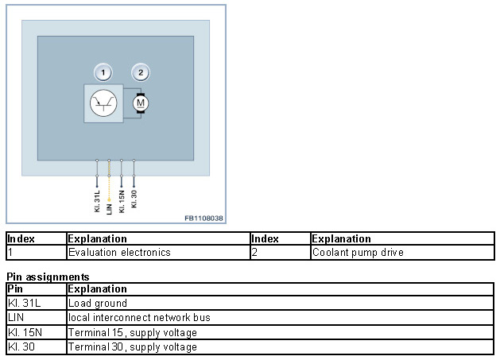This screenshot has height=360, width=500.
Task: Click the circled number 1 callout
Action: tap(103, 73)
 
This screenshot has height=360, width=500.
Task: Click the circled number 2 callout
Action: tap(141, 73)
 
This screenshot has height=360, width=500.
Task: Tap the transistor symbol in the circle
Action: tap(103, 104)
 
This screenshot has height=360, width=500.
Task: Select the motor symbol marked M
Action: tap(141, 103)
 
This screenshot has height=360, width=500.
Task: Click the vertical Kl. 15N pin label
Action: tap(122, 200)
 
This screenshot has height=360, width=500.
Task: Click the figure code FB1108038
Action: tap(204, 218)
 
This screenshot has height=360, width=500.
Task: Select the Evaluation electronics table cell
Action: tap(119, 253)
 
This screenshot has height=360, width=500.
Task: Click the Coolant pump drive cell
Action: tap(358, 253)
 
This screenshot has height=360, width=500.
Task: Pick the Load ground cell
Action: tap(98, 303)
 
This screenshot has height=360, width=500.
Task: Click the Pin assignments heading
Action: tap(47, 277)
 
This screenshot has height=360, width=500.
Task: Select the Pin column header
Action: tap(16, 288)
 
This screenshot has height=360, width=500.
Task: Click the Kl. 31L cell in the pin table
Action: tap(21, 303)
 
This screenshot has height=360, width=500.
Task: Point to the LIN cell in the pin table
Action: tap(16, 317)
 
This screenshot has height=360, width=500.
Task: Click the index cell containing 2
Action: tap(254, 253)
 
